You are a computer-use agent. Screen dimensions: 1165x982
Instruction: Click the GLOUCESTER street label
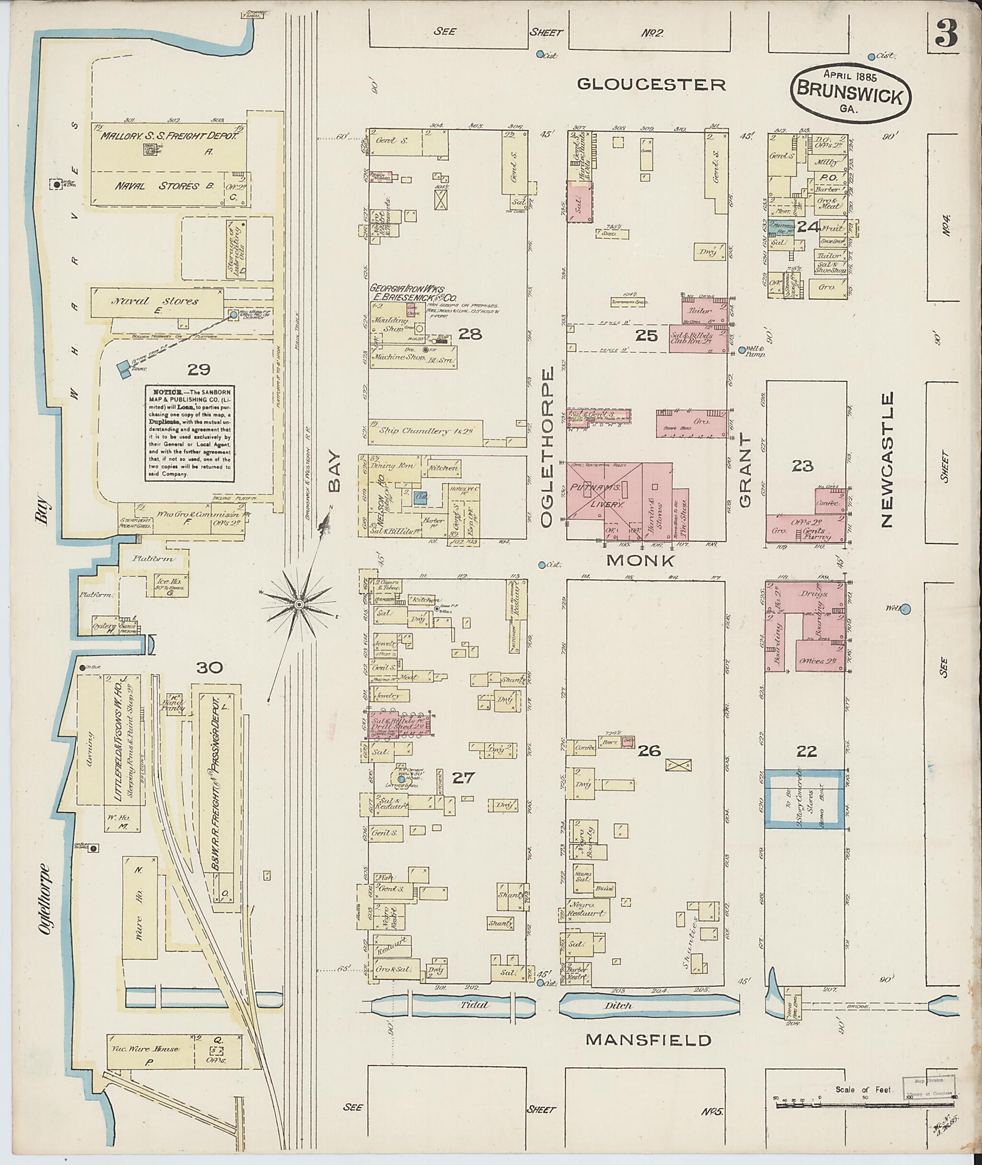point(651,84)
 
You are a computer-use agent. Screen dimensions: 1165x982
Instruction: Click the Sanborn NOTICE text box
point(190,433)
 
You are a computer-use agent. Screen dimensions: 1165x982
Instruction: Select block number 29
point(199,369)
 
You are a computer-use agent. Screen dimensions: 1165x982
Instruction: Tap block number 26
point(649,751)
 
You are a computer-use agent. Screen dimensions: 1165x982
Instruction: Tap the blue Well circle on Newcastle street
point(905,608)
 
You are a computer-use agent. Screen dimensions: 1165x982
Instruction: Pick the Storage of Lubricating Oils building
point(236,249)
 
